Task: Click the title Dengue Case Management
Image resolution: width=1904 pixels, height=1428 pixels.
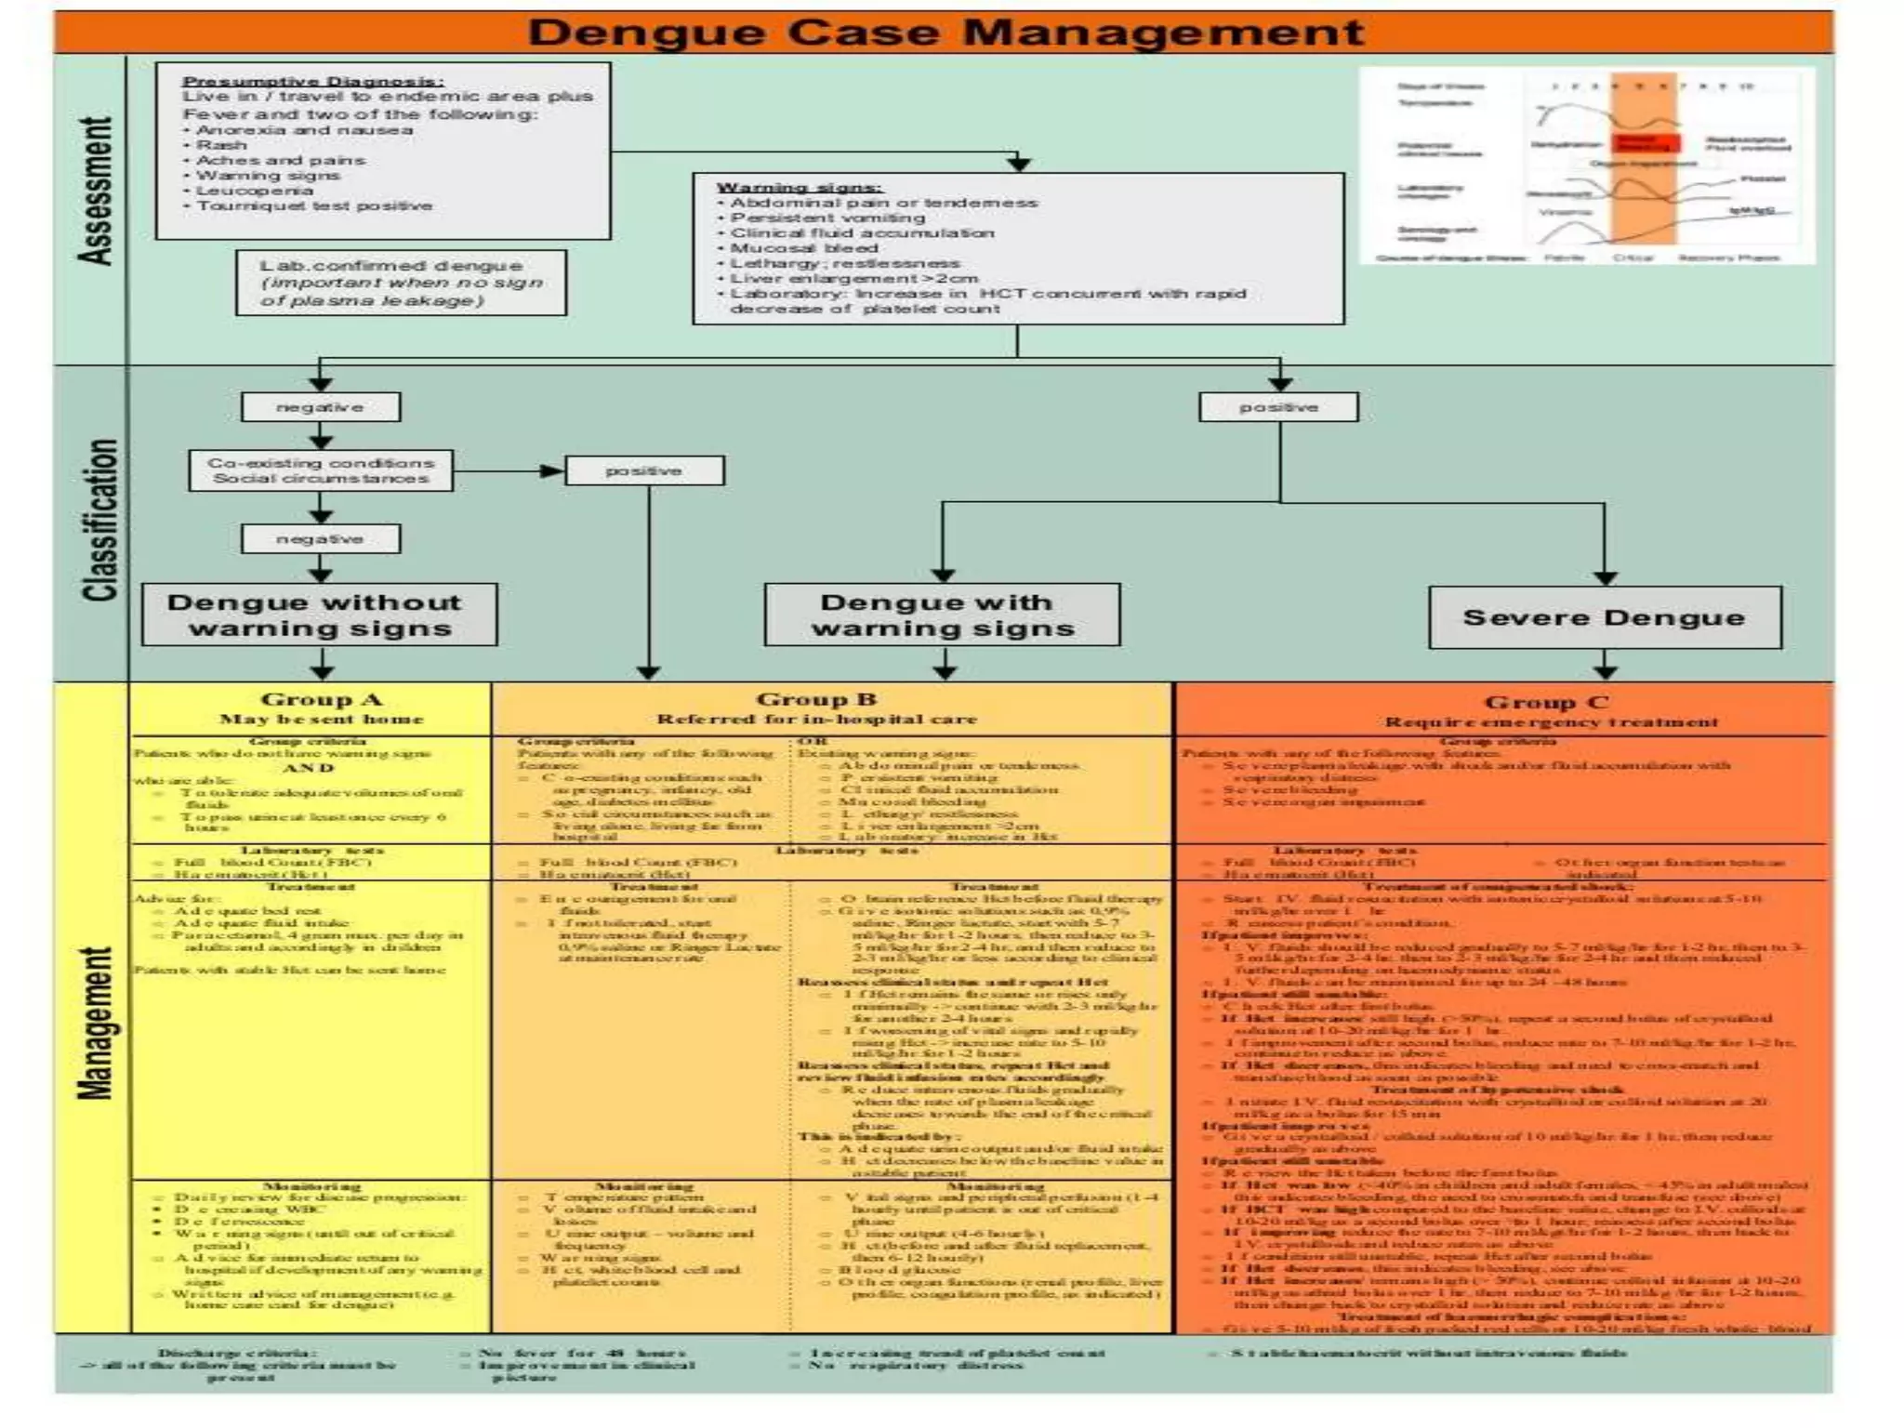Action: point(945,33)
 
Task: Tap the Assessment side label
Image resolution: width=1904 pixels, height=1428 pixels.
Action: point(96,191)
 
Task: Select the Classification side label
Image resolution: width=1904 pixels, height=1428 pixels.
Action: point(99,521)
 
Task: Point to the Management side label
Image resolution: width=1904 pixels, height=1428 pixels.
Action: point(96,1023)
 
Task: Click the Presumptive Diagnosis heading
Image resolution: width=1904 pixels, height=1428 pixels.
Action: point(312,81)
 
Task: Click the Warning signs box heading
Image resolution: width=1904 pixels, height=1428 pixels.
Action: point(799,188)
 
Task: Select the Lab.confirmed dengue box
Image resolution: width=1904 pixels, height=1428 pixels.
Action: point(401,283)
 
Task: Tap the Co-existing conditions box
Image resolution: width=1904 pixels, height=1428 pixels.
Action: point(321,470)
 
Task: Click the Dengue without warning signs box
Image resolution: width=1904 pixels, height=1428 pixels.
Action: point(319,615)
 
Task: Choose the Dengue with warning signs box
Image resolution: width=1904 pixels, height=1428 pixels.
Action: point(942,615)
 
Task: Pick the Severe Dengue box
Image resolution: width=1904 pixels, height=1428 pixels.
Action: point(1605,617)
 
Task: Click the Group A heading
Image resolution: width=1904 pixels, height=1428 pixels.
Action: point(321,700)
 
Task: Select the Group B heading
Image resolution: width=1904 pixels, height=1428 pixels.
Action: point(816,700)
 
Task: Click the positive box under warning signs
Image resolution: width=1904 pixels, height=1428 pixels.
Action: point(1278,407)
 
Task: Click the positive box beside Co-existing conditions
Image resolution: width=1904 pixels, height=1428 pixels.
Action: point(643,471)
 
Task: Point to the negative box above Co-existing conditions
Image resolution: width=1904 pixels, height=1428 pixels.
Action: point(321,407)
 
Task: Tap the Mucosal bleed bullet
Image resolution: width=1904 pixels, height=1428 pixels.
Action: point(803,248)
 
